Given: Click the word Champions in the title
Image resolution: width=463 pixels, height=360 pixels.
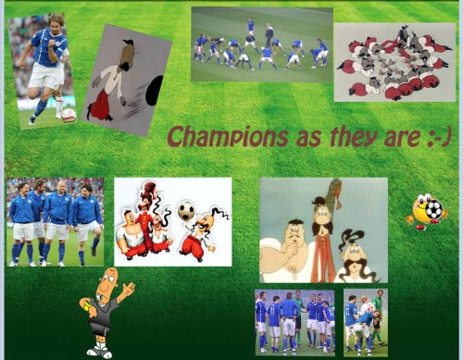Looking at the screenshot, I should click(x=216, y=136).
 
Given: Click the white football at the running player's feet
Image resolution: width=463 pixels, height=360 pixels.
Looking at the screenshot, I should click(x=68, y=114).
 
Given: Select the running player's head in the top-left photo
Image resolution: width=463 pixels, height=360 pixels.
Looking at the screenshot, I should click(x=54, y=23).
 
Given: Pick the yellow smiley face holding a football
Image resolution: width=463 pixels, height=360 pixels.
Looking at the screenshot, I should click(x=427, y=211).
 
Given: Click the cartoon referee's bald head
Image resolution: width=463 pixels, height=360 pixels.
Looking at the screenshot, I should click(x=109, y=279).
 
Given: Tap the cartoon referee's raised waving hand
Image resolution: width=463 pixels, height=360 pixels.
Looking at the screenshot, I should click(x=129, y=289).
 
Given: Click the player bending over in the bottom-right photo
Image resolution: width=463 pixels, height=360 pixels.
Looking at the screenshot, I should click(x=365, y=322).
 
